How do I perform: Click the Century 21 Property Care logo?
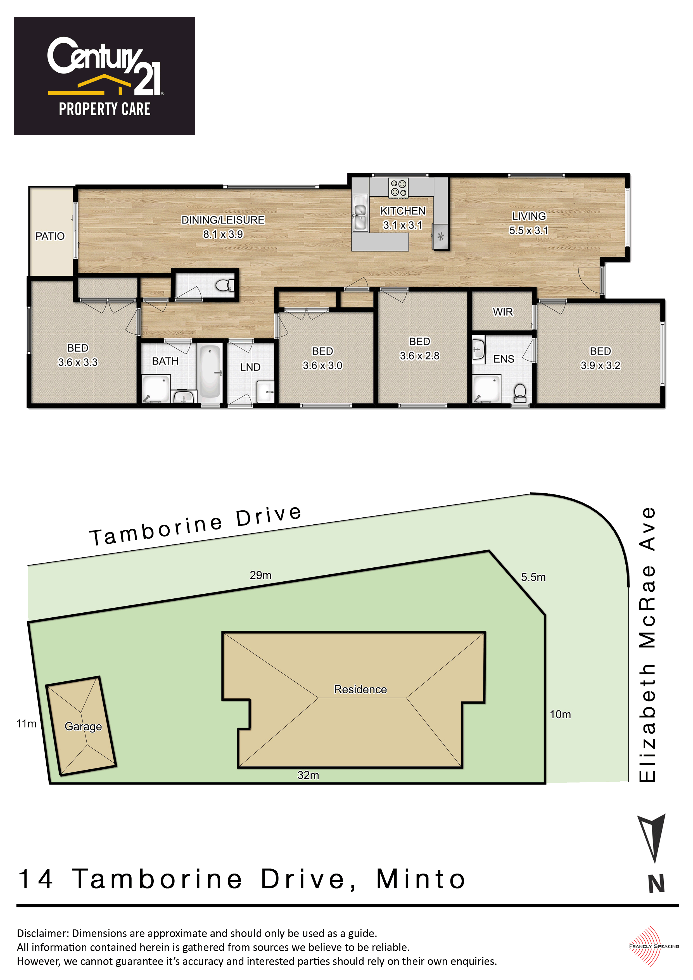click(x=105, y=76)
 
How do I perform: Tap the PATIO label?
click(x=50, y=236)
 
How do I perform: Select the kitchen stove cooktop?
click(x=399, y=188)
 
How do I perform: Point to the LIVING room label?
click(x=529, y=217)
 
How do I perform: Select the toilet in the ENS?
click(x=520, y=393)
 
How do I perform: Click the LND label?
click(x=250, y=367)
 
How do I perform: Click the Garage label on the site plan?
click(x=83, y=726)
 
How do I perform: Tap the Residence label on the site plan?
click(x=360, y=689)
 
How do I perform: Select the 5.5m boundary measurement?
click(x=533, y=577)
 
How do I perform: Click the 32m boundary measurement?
click(x=308, y=775)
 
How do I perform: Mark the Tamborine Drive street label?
click(x=196, y=525)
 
